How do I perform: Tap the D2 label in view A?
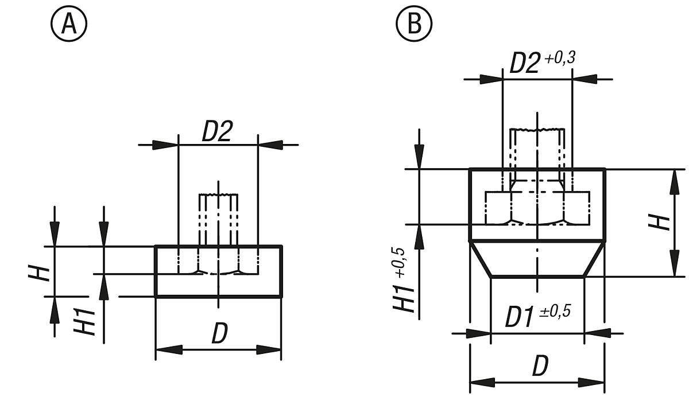(217, 133)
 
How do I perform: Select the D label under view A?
(219, 334)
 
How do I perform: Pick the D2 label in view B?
(525, 64)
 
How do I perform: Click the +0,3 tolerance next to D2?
(560, 58)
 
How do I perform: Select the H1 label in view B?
(404, 297)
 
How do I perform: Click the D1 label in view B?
(520, 317)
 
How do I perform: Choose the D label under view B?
(540, 367)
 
